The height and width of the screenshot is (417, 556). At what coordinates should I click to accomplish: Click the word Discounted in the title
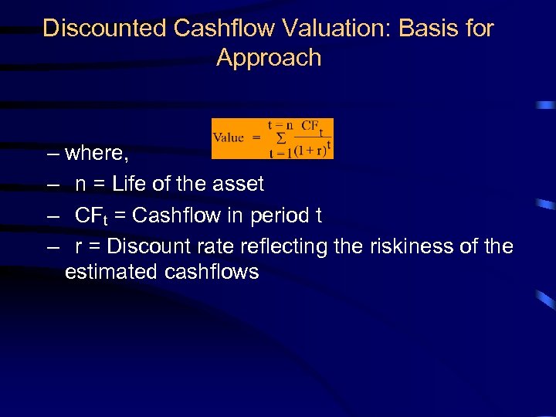click(x=105, y=29)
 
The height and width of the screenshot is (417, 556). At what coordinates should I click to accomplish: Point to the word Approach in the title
click(x=269, y=58)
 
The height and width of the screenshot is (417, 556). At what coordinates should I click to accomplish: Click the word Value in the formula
click(x=228, y=137)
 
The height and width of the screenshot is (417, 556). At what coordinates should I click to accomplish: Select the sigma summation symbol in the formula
click(x=280, y=138)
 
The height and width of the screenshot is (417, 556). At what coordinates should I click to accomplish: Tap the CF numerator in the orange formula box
click(x=310, y=125)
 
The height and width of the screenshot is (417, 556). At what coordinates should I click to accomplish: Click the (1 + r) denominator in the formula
click(x=310, y=151)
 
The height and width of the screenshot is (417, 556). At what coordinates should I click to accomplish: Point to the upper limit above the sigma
click(x=280, y=124)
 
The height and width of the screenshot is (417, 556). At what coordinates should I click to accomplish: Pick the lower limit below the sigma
click(x=280, y=152)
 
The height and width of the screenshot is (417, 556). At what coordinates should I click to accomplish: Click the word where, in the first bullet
click(x=97, y=153)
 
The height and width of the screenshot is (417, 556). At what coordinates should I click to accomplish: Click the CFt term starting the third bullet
click(x=95, y=215)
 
